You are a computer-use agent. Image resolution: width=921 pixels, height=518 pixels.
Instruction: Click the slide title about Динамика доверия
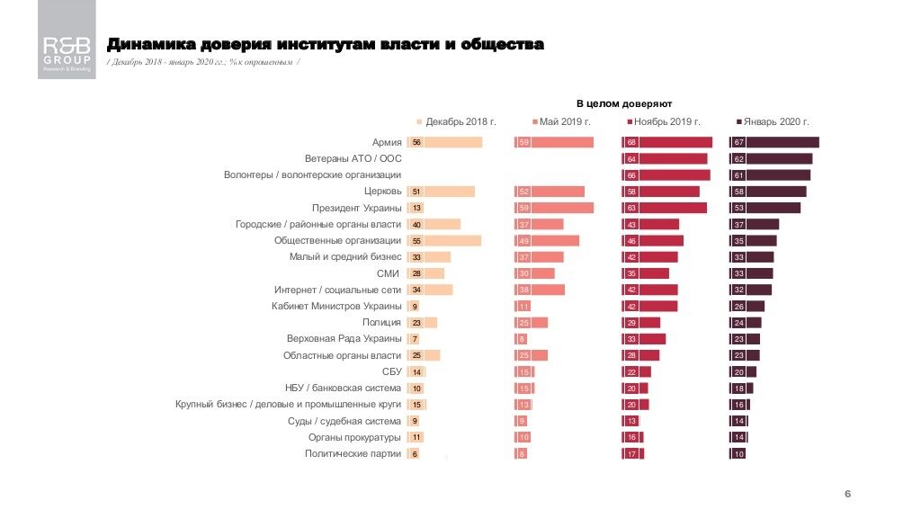[325, 44]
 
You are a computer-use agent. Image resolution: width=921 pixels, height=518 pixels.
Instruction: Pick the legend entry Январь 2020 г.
[773, 121]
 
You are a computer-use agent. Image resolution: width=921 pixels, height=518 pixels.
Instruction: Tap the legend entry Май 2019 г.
[564, 121]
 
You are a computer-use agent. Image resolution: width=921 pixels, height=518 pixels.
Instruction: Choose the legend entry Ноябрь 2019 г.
[666, 121]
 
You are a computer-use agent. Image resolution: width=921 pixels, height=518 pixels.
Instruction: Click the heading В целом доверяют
[624, 104]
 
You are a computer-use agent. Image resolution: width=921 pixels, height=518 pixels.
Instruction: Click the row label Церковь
[382, 192]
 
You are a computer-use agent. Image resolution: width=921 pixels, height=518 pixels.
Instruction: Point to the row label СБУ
[391, 372]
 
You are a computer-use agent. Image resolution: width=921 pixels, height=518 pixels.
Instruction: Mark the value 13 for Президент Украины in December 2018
[416, 208]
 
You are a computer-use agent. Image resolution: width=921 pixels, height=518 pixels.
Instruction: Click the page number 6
[847, 495]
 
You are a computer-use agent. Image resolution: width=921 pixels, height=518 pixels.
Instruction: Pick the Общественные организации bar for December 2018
[452, 241]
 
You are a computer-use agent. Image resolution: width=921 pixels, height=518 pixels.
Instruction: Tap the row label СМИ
[389, 273]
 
